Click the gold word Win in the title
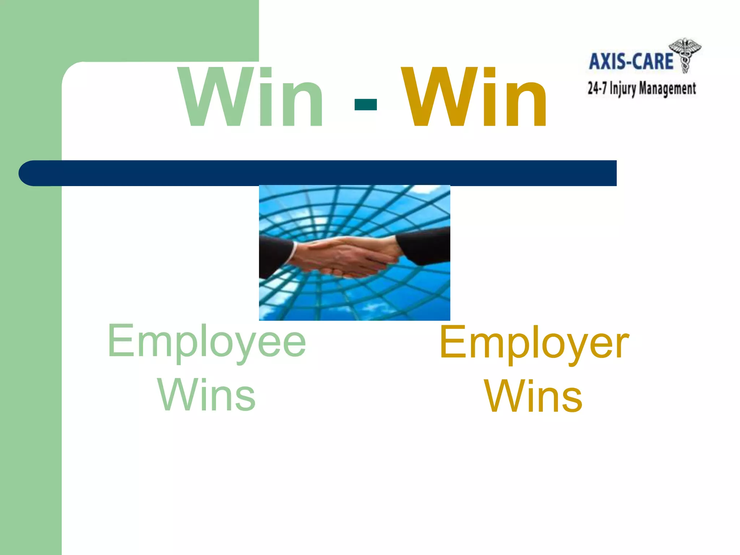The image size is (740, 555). (x=475, y=98)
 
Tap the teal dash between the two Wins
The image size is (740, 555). (x=366, y=104)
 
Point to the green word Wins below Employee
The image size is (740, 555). (x=207, y=395)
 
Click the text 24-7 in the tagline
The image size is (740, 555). (x=597, y=88)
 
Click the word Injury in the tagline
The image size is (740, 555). (x=623, y=89)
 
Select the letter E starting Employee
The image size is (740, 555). (x=119, y=340)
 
